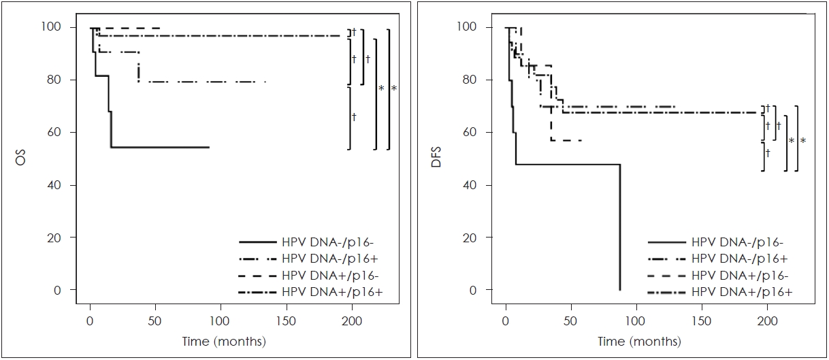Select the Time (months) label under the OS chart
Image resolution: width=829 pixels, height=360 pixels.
[225, 341]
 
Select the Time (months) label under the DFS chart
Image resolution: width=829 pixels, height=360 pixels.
[640, 341]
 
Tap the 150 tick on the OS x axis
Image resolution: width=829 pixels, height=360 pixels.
[287, 320]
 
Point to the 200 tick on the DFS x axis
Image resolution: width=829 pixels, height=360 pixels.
[767, 320]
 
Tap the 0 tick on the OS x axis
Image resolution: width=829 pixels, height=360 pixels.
[90, 320]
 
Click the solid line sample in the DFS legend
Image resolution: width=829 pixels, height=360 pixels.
[666, 242]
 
